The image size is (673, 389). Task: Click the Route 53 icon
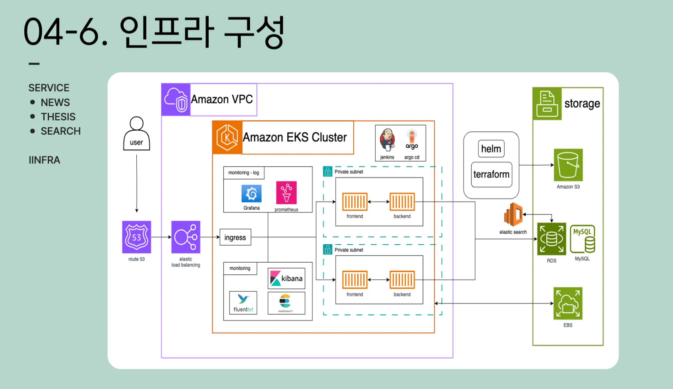click(x=136, y=237)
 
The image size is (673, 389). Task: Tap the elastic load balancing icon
click(x=185, y=237)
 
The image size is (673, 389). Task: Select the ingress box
click(x=235, y=237)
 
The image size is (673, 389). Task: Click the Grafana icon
click(x=251, y=193)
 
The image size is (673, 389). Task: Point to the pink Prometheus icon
click(x=286, y=192)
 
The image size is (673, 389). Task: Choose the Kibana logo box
click(x=286, y=279)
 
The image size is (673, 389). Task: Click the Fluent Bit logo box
click(x=243, y=303)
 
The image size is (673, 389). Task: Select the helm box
click(x=491, y=149)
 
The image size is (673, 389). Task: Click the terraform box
click(x=491, y=174)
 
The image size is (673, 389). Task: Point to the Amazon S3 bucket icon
click(x=568, y=165)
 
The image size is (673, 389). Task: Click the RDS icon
click(x=551, y=239)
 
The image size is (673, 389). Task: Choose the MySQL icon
click(x=582, y=239)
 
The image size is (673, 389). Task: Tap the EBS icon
click(x=567, y=303)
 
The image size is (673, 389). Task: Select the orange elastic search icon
click(x=513, y=214)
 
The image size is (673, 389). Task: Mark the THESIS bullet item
click(x=58, y=117)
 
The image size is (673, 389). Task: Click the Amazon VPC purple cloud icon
click(x=176, y=100)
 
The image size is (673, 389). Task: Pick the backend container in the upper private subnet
click(x=402, y=202)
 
